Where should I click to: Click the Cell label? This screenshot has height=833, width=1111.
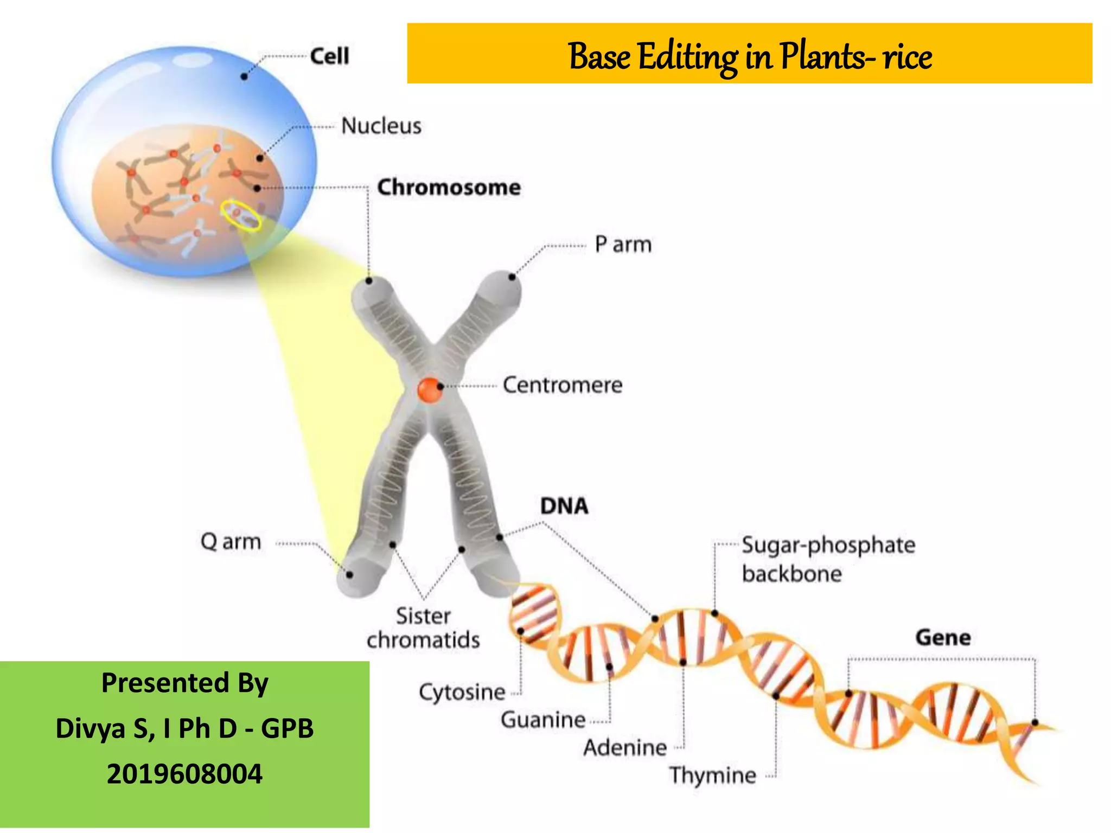[x=329, y=56]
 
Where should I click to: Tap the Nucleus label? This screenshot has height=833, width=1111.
[x=381, y=126]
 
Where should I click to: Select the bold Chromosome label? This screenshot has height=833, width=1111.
[x=449, y=188]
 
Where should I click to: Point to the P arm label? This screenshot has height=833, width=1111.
[x=623, y=245]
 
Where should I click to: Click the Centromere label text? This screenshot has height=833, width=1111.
[x=562, y=385]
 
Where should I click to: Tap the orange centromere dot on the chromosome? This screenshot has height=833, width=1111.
[x=430, y=389]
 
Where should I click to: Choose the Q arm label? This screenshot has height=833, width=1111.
[x=231, y=542]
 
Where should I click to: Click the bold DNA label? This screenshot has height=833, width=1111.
[x=564, y=506]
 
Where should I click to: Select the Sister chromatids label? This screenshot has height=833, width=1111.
[x=423, y=628]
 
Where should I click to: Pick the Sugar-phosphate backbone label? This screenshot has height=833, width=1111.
[x=828, y=559]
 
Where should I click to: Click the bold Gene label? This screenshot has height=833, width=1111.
[x=943, y=637]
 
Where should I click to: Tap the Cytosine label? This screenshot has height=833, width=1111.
[x=462, y=693]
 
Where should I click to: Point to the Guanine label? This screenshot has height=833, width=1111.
[x=543, y=720]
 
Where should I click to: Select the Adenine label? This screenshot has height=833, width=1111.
[x=625, y=748]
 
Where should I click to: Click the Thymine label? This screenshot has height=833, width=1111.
[x=712, y=776]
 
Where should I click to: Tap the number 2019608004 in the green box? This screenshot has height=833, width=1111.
[x=184, y=774]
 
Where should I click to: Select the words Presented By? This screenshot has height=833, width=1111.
[x=184, y=683]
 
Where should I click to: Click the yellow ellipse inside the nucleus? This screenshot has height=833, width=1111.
[x=241, y=216]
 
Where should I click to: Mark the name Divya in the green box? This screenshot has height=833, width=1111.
[x=91, y=728]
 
